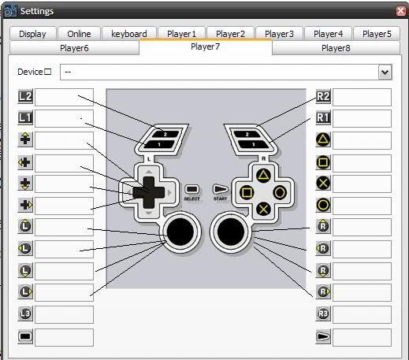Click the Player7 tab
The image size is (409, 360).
[x=206, y=46]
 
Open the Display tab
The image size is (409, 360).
[x=32, y=34]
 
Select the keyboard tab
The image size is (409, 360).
[x=129, y=34]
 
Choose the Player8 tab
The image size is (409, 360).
[x=336, y=48]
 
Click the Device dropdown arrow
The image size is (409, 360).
[x=385, y=72]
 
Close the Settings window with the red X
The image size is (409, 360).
[x=401, y=11]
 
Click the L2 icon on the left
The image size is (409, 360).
[x=25, y=97]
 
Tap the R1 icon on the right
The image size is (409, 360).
[x=323, y=117]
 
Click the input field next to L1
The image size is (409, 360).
[x=64, y=118]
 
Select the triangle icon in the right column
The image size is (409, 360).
[x=323, y=139]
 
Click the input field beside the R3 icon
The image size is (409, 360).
[x=362, y=314]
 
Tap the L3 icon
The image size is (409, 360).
[x=25, y=314]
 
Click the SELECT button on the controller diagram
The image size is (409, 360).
[x=192, y=189]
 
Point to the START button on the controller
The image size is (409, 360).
[x=220, y=189]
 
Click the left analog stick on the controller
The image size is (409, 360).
[x=180, y=232]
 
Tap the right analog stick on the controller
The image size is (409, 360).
[x=231, y=232]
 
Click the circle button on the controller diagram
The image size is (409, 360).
[x=280, y=193]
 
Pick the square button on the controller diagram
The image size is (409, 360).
[x=247, y=193]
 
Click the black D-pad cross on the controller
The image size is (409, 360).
[x=149, y=192]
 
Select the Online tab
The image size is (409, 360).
[x=79, y=34]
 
